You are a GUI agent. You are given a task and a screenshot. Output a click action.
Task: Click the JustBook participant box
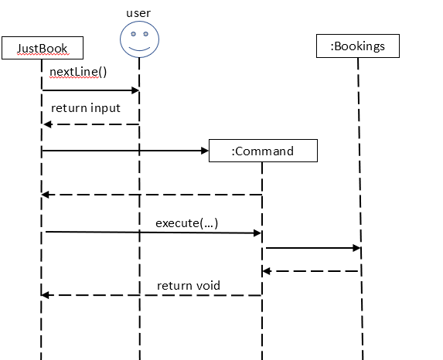click(x=43, y=49)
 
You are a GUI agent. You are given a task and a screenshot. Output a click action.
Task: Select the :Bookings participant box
click(x=357, y=46)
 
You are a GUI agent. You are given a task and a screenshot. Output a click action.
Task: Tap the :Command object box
click(x=263, y=151)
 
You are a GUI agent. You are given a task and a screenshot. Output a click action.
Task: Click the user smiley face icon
click(x=139, y=40)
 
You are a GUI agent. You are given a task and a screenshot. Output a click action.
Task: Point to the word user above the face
click(x=139, y=13)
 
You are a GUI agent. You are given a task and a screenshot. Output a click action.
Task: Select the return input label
click(x=85, y=108)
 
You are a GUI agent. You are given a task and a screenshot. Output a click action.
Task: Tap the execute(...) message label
click(x=186, y=223)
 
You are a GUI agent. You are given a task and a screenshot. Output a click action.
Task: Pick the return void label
click(x=189, y=286)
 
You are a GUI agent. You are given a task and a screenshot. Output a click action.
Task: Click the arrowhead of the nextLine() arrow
click(x=134, y=90)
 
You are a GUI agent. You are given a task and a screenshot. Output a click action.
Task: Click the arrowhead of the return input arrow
click(x=47, y=124)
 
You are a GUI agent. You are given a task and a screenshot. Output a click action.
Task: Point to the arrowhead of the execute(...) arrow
click(x=257, y=232)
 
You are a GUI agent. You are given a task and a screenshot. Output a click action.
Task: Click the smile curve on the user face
click(x=139, y=48)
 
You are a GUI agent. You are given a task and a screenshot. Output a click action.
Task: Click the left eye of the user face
click(x=134, y=35)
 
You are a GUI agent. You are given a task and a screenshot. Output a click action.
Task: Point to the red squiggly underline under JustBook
click(x=43, y=55)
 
